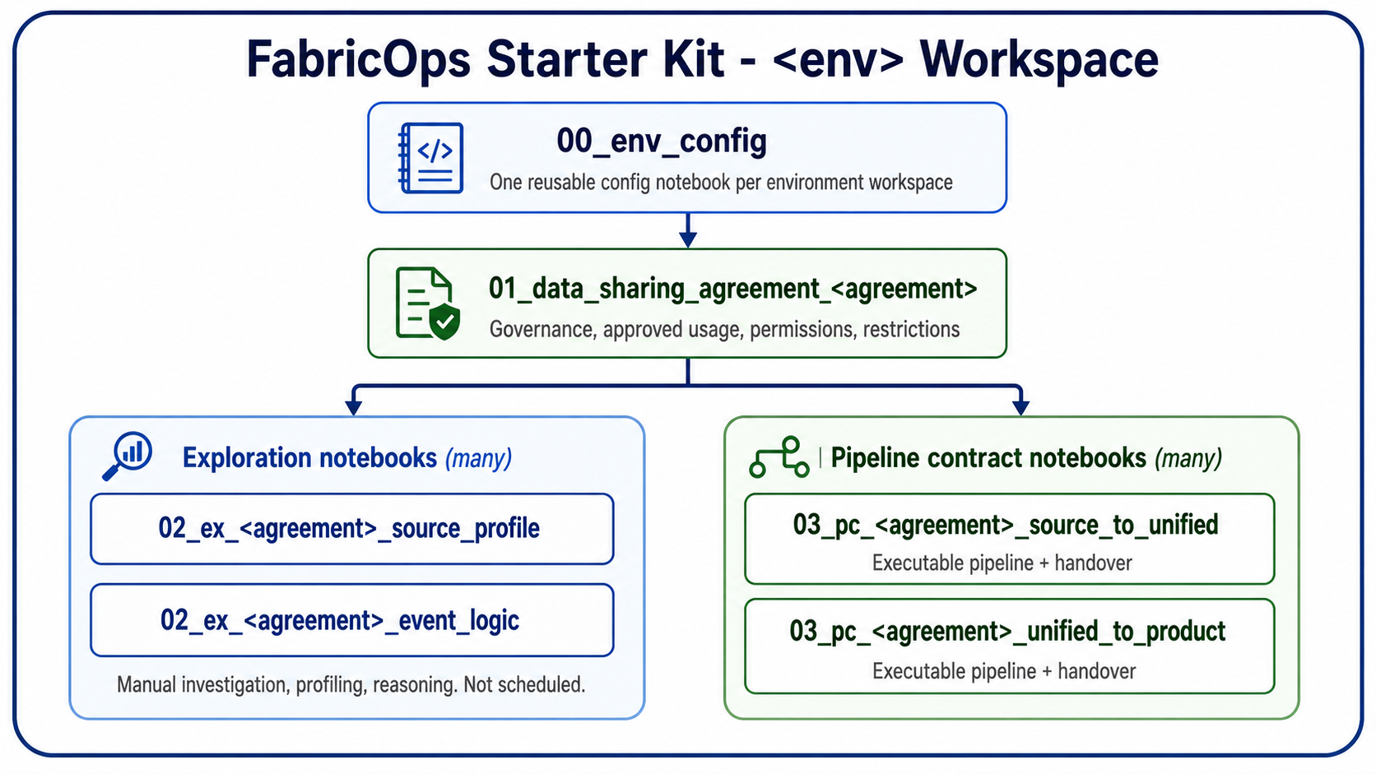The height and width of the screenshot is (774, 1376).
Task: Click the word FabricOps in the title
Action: (359, 60)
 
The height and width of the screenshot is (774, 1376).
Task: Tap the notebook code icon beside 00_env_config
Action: (430, 159)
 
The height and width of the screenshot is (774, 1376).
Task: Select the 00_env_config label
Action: (662, 141)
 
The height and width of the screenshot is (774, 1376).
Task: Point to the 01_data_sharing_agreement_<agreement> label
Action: (732, 289)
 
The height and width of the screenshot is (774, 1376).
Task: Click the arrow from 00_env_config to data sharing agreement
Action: (688, 230)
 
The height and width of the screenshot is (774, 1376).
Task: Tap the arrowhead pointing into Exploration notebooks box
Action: (353, 407)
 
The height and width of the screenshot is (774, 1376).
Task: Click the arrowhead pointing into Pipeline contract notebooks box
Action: (1021, 407)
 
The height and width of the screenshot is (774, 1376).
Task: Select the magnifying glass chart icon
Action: (128, 456)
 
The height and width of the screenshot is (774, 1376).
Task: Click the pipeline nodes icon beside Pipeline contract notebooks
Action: (779, 457)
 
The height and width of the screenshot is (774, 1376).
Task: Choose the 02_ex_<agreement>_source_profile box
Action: (352, 529)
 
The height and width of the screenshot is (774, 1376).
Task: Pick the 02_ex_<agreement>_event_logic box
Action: (352, 620)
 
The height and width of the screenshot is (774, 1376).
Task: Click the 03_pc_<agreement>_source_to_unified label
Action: (1006, 526)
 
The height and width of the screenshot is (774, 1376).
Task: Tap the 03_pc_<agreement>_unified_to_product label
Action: (1007, 632)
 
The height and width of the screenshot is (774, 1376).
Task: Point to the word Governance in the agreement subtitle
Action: (542, 330)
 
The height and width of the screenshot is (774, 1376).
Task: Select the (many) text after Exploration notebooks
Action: (478, 458)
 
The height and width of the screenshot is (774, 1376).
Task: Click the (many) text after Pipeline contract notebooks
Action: (1188, 458)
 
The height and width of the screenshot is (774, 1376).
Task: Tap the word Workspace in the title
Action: (1039, 60)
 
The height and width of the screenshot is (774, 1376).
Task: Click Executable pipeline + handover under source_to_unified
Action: (1002, 563)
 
